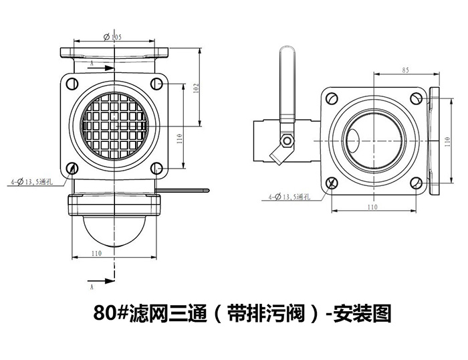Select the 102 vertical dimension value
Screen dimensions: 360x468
coord(195,87)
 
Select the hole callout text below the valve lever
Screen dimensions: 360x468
coord(286,197)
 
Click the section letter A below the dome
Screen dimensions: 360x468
coord(91,286)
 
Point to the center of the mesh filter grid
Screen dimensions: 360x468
coord(113,125)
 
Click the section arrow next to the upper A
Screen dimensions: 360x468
coord(98,68)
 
